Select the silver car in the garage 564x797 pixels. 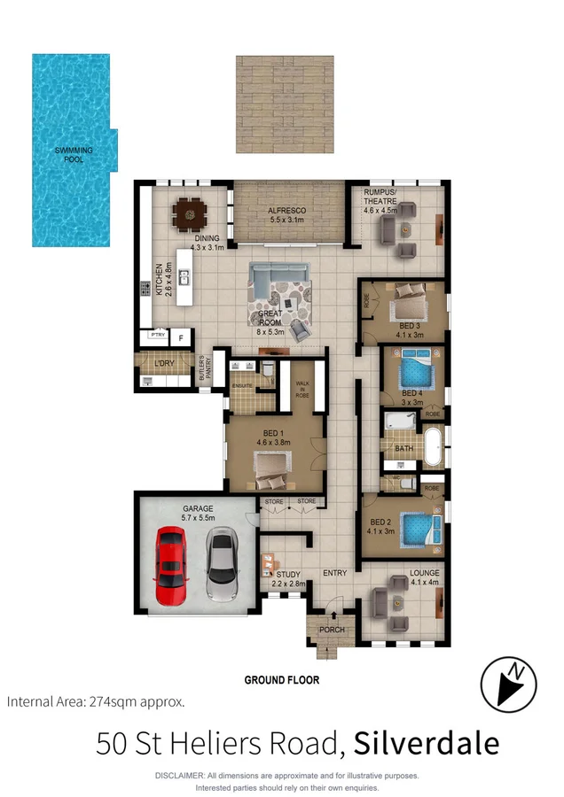tap(221, 564)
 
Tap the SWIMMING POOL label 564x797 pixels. tap(74, 155)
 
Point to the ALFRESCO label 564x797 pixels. tap(286, 211)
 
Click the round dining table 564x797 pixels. tap(190, 213)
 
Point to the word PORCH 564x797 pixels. tap(332, 631)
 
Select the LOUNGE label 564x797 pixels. tap(425, 573)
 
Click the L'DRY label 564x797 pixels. tap(164, 365)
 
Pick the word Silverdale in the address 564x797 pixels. tap(426, 743)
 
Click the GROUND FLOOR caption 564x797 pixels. tap(281, 680)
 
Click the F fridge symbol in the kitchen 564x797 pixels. tap(181, 337)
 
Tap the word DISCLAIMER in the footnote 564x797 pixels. tap(180, 776)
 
